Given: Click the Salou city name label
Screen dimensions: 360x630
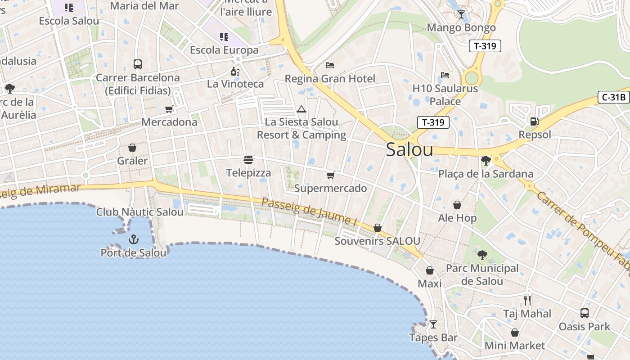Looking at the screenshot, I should click(409, 150).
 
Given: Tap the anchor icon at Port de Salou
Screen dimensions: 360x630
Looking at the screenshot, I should click(133, 239).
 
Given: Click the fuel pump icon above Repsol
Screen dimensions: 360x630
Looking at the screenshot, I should click(535, 121).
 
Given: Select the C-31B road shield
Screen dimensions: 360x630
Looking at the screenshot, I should click(614, 97).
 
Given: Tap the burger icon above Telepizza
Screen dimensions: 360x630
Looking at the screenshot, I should click(248, 159).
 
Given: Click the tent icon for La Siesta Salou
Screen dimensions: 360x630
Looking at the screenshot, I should click(301, 108).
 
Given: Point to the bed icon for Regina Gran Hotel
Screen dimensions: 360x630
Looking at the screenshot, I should click(330, 65).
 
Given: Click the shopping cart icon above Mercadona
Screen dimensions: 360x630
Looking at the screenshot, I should click(169, 109).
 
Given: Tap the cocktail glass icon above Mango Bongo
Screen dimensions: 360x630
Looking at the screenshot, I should click(461, 14).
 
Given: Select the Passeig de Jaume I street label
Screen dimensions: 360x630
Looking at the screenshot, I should click(309, 211).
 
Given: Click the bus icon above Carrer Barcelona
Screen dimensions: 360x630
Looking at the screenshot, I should click(138, 64).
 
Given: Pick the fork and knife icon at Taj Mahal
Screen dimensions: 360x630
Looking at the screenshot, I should click(527, 300).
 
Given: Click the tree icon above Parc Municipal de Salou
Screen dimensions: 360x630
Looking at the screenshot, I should click(482, 255).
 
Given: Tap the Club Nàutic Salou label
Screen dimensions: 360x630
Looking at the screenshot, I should click(140, 212).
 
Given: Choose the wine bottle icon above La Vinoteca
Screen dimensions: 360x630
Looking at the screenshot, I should click(235, 71).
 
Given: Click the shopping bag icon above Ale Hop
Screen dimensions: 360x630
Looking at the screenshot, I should click(457, 205).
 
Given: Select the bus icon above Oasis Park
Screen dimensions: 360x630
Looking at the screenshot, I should click(584, 313).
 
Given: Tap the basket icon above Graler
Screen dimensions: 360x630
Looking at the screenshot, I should click(132, 147).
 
